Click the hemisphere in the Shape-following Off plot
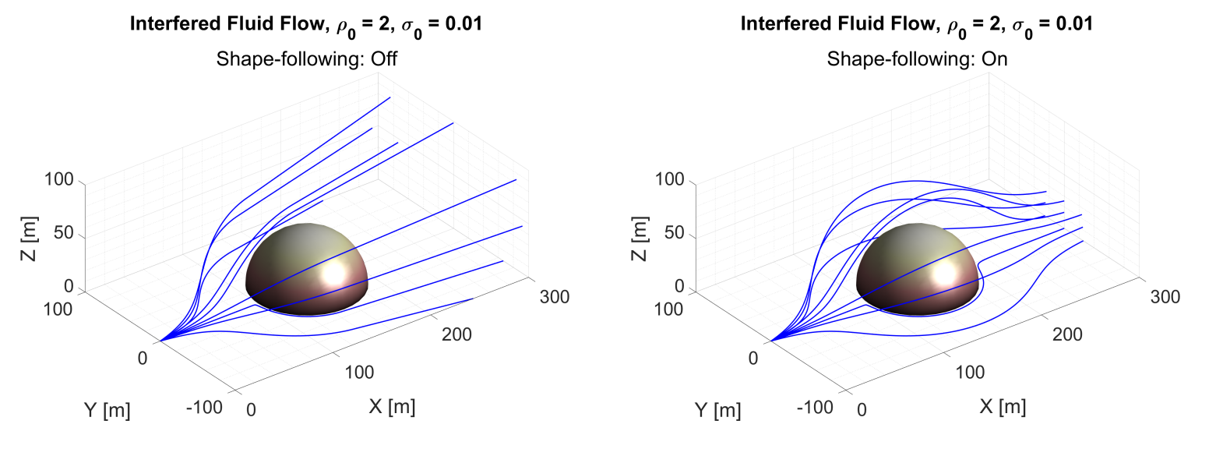[304, 269]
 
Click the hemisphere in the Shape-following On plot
[915, 269]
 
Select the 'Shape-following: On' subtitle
[917, 59]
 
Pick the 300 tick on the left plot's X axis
[553, 297]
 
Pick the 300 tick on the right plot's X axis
[1164, 297]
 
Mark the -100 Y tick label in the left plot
[205, 406]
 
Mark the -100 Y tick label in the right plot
[816, 406]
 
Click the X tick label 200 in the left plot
[456, 334]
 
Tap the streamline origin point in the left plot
[160, 341]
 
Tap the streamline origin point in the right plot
[771, 341]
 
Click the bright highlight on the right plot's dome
[946, 273]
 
